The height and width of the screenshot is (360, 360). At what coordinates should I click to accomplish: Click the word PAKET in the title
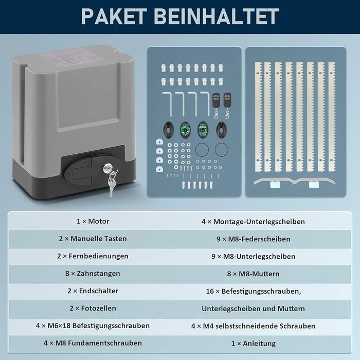click(x=114, y=16)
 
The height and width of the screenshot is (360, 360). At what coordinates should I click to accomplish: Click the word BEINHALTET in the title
click(x=217, y=16)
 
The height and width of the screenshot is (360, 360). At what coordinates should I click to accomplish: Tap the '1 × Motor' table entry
click(x=93, y=221)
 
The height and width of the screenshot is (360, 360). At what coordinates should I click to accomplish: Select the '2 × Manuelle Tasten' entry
click(x=93, y=239)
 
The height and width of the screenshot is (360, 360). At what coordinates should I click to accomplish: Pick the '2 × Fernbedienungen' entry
click(x=93, y=256)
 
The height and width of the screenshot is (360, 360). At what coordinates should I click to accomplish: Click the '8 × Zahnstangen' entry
click(x=93, y=274)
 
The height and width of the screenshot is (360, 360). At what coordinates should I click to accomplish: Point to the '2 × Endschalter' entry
click(x=93, y=291)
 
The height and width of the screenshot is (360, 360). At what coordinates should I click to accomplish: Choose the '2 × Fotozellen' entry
click(x=93, y=308)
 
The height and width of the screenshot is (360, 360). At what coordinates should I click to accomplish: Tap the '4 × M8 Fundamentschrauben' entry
click(x=93, y=343)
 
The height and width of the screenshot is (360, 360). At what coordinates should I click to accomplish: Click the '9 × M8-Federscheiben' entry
click(x=253, y=239)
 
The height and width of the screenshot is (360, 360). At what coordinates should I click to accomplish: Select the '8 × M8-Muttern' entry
click(x=253, y=274)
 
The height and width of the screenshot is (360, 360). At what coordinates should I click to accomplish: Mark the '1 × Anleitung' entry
click(x=253, y=344)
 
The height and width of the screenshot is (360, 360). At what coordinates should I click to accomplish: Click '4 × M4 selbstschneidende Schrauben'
click(x=253, y=326)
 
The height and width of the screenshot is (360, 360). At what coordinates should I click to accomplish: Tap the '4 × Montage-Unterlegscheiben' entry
click(x=253, y=222)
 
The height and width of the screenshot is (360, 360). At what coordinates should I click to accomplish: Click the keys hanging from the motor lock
click(x=112, y=184)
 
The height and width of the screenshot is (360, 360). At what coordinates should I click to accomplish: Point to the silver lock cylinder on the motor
click(x=107, y=168)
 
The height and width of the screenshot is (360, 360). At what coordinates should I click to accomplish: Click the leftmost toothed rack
click(x=258, y=117)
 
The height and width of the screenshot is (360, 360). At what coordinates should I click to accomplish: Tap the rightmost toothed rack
click(x=332, y=117)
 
